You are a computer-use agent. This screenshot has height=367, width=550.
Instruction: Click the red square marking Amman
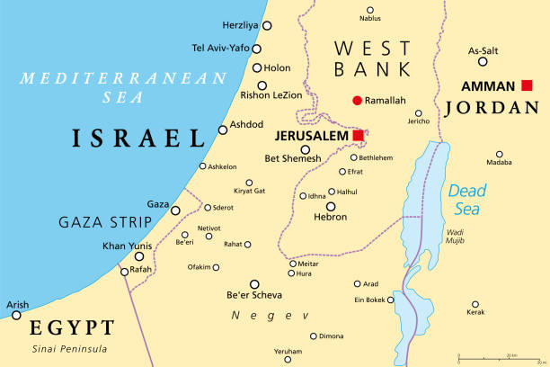[x=527, y=85]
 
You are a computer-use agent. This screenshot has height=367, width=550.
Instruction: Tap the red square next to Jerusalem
[x=359, y=136]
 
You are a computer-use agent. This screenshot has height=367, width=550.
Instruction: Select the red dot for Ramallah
[x=357, y=100]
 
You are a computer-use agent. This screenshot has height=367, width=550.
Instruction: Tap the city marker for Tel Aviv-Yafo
[x=256, y=49]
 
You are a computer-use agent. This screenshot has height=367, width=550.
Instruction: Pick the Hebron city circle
[x=330, y=206]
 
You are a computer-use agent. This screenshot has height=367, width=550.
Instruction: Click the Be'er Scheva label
[x=254, y=295]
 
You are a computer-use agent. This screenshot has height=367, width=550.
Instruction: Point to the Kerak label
[x=475, y=314]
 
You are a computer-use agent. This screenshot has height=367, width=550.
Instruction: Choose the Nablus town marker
[x=370, y=10]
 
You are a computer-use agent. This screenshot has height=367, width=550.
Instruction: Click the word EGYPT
[x=72, y=327]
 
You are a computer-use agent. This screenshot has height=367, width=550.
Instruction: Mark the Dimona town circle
[x=314, y=336]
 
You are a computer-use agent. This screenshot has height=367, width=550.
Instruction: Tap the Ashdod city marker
[x=223, y=130]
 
